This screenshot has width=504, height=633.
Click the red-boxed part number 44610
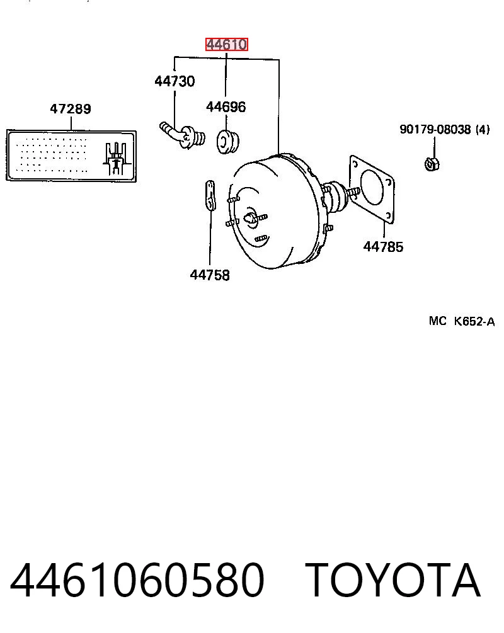click(227, 45)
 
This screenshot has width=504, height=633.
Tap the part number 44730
click(175, 81)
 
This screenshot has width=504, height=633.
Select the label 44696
click(226, 107)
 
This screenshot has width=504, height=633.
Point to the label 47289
click(71, 108)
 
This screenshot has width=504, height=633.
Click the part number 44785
click(383, 247)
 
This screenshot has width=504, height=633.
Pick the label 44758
click(210, 275)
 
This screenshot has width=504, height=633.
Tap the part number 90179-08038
click(435, 130)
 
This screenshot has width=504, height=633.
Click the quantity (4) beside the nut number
click(483, 130)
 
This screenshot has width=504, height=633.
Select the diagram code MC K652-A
click(462, 321)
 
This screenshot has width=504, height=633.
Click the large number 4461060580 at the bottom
click(137, 580)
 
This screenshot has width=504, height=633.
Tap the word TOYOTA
click(392, 579)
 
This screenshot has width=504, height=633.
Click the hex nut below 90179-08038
click(432, 164)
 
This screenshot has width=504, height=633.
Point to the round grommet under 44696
click(228, 141)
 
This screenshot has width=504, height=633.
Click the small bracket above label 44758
click(210, 196)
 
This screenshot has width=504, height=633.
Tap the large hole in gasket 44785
click(372, 188)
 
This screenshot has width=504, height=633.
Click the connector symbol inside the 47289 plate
click(117, 158)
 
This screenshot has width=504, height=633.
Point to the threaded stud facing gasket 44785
click(353, 193)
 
